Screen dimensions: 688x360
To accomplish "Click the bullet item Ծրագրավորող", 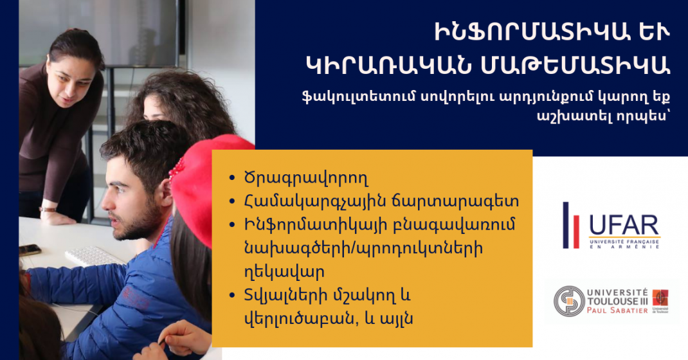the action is click(306, 178).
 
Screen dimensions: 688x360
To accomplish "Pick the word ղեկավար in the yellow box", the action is click(284, 272).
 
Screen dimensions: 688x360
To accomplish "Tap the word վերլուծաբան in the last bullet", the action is click(298, 319).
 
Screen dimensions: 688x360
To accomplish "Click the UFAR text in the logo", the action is click(624, 226).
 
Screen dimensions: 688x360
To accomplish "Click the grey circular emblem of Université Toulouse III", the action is click(569, 301).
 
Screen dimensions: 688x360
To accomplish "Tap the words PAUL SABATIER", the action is click(617, 310).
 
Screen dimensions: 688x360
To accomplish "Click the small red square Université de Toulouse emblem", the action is click(660, 298).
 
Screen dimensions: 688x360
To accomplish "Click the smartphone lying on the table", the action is click(30, 250).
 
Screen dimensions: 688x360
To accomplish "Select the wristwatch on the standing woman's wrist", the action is click(48, 209).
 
